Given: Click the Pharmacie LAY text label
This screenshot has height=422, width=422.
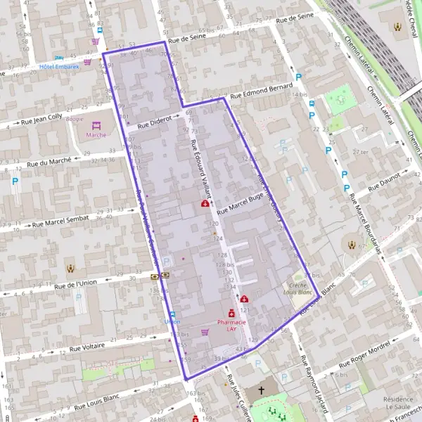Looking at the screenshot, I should [231, 325].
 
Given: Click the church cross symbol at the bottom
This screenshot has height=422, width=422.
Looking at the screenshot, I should [262, 390].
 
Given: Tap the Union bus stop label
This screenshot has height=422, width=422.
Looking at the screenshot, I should [172, 321].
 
